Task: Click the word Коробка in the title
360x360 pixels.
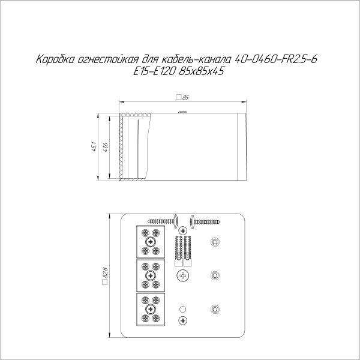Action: [55, 59]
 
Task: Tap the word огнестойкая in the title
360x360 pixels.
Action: [108, 59]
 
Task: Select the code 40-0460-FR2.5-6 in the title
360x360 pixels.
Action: [276, 59]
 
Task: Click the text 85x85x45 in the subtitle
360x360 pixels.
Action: [202, 71]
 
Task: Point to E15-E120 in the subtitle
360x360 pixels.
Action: [155, 71]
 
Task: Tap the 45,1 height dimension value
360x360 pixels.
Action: [94, 147]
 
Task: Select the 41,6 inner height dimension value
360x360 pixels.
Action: [106, 147]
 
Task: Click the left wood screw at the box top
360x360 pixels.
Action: [163, 221]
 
